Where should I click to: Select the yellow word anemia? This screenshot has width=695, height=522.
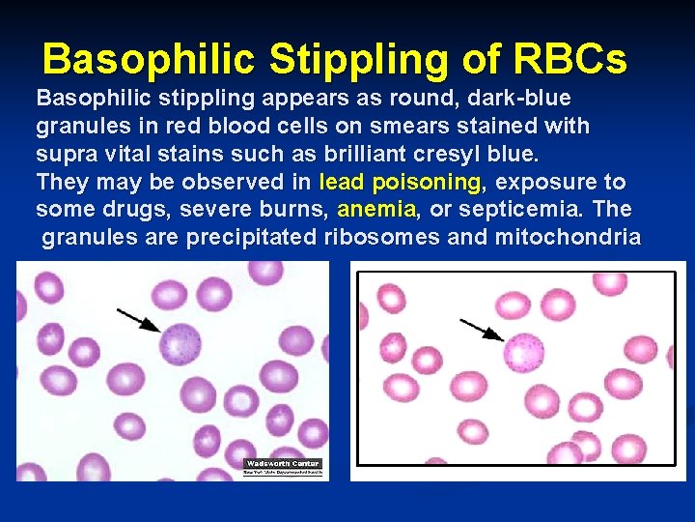(377, 209)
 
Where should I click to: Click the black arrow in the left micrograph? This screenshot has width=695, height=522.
(139, 320)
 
